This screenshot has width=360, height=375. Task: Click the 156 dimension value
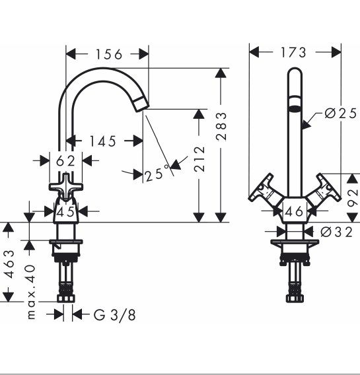pos(109,54)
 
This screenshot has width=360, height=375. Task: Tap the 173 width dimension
pos(293,52)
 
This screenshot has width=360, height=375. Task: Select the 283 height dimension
pos(221,126)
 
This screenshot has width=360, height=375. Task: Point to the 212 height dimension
pos(199,159)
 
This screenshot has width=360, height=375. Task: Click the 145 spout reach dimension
pos(103,141)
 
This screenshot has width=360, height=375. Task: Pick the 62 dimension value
pos(65,161)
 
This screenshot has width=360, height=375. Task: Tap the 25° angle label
pos(157,173)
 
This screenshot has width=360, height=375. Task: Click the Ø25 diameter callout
pos(341,113)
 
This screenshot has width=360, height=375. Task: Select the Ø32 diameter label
pos(336,232)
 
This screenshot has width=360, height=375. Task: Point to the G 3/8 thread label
pos(114,315)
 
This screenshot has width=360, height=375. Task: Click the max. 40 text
pos(31,292)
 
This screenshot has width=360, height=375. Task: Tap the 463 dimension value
pos(10,264)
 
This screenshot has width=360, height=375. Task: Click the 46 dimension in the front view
pos(294,211)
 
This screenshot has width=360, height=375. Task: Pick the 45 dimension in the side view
pos(65,212)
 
